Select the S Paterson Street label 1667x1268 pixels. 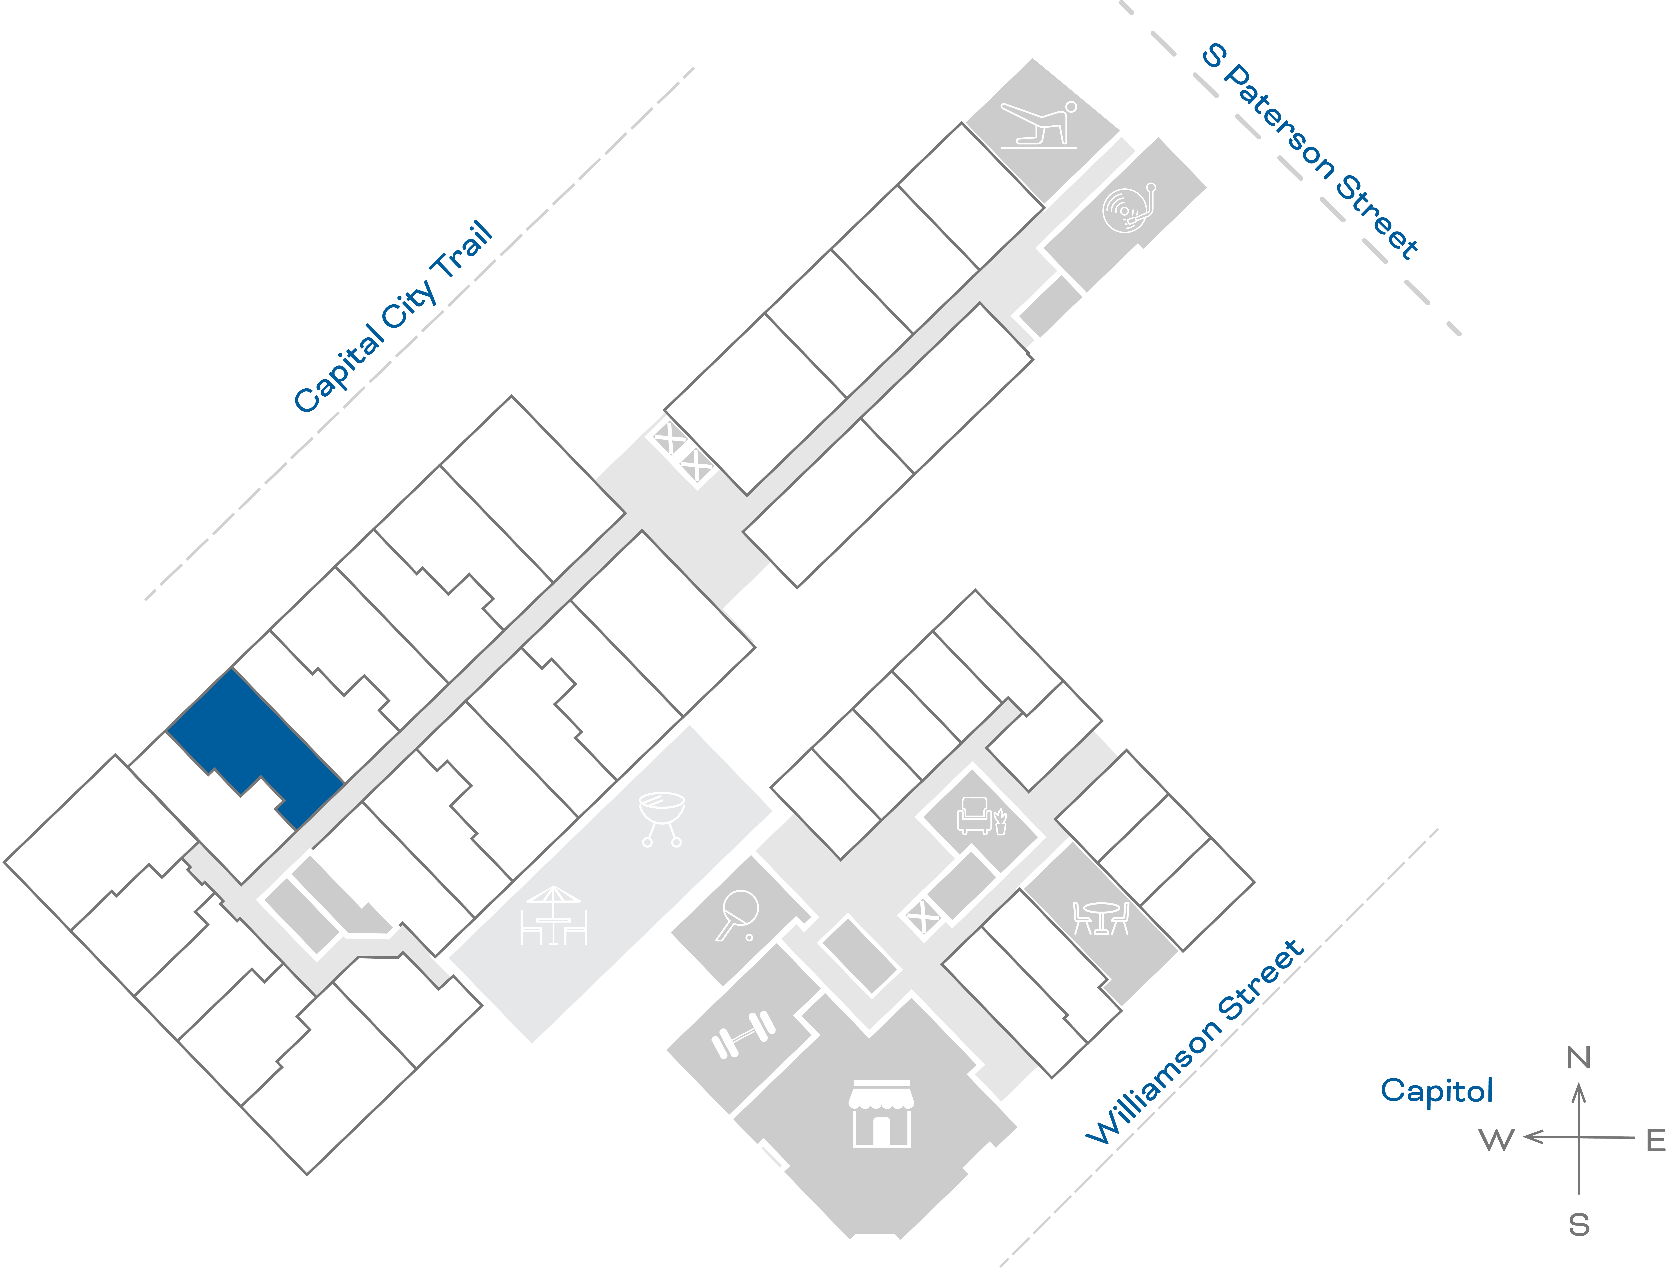pyautogui.click(x=1310, y=151)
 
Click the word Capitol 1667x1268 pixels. pyautogui.click(x=1436, y=1091)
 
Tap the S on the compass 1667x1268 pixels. pyautogui.click(x=1579, y=1224)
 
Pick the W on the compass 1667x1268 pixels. pyautogui.click(x=1496, y=1140)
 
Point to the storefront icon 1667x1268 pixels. pyautogui.click(x=881, y=1113)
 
